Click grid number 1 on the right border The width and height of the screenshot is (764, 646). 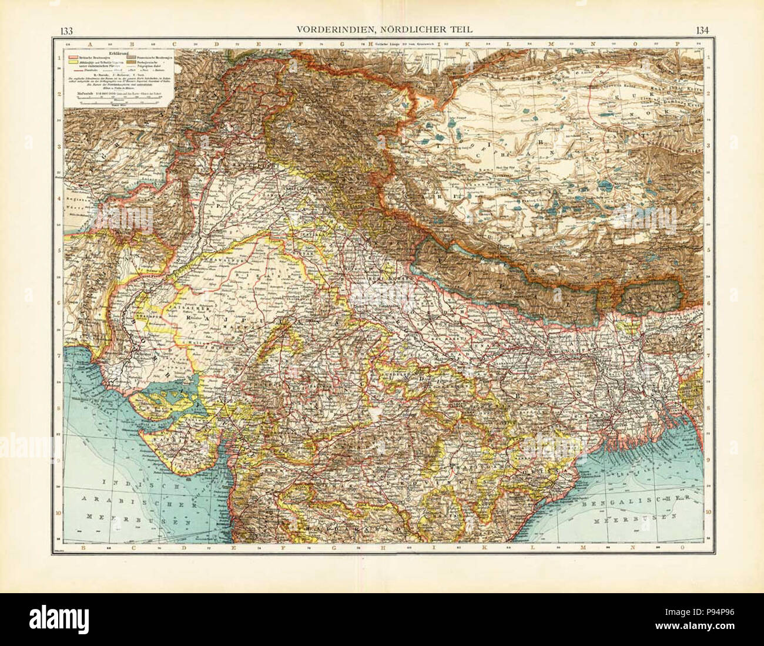click(x=708, y=58)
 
